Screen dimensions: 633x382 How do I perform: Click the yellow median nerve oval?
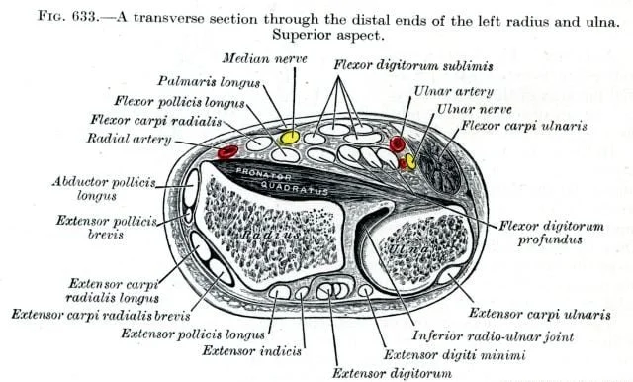click(290, 138)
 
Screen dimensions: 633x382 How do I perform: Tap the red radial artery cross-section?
click(227, 151)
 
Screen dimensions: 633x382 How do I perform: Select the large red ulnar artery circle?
click(398, 143)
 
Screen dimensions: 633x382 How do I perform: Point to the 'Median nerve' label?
click(264, 59)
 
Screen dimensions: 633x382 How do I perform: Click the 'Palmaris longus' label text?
click(209, 82)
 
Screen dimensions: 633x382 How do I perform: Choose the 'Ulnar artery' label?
click(454, 92)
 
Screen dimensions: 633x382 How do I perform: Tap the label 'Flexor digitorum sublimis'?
click(413, 66)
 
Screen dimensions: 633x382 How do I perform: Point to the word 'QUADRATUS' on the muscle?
click(295, 188)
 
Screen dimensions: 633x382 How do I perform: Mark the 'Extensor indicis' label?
click(252, 351)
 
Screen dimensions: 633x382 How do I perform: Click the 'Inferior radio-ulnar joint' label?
click(493, 335)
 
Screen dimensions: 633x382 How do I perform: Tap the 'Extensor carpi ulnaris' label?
click(540, 314)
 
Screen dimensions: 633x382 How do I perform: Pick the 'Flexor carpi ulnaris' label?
click(524, 126)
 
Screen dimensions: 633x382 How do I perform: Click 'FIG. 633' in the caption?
click(67, 17)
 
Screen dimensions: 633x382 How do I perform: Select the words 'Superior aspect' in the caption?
click(327, 35)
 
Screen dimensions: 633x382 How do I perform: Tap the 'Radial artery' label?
click(130, 139)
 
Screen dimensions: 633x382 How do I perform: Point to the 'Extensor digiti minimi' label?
click(455, 355)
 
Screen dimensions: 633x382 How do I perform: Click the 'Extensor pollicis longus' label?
click(193, 334)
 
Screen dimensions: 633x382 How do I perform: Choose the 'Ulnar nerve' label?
click(475, 109)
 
